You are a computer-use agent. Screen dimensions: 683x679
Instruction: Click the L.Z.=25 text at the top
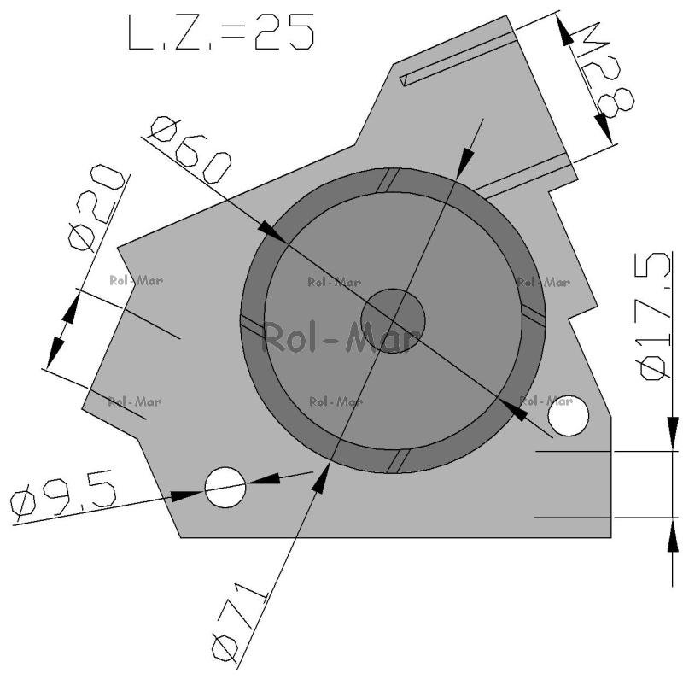click(x=221, y=32)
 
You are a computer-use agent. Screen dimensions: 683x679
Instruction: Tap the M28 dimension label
click(x=606, y=71)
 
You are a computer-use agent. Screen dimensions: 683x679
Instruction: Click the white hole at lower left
click(x=225, y=487)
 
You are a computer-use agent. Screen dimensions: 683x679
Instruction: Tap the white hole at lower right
click(x=568, y=416)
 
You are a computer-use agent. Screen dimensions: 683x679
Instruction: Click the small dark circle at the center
click(x=393, y=321)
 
